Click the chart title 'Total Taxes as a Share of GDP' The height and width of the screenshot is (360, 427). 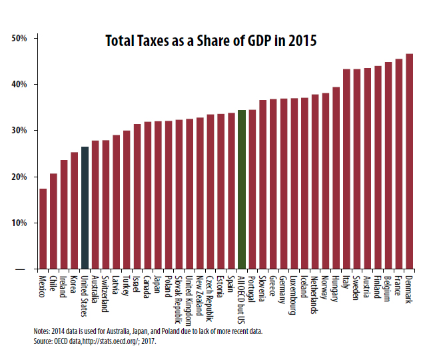pyautogui.click(x=211, y=41)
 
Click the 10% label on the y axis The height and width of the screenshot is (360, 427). pyautogui.click(x=19, y=223)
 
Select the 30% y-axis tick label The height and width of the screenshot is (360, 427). pyautogui.click(x=19, y=131)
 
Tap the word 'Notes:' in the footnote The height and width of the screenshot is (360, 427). pyautogui.click(x=44, y=331)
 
